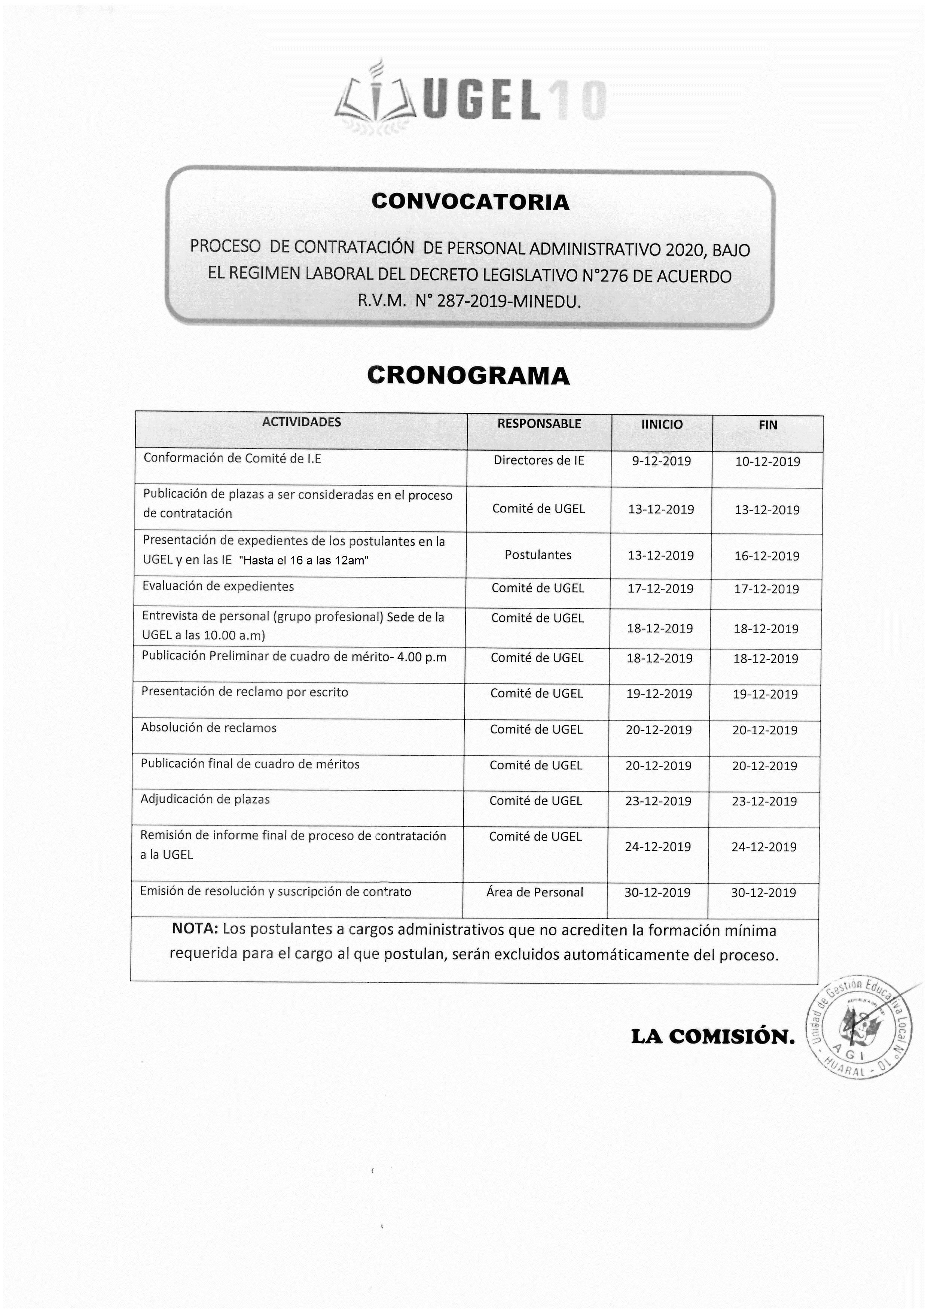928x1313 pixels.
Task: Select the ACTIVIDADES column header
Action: click(x=301, y=422)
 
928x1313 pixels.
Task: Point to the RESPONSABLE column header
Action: click(x=538, y=424)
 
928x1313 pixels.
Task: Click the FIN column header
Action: click(x=767, y=425)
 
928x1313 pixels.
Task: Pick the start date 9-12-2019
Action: click(x=661, y=461)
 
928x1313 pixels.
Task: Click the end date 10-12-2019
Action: click(x=767, y=461)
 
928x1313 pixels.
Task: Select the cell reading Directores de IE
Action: click(x=538, y=460)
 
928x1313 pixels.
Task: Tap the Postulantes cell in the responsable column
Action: click(x=537, y=554)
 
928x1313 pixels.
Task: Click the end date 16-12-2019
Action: click(x=767, y=556)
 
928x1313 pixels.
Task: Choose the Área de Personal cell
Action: click(x=535, y=892)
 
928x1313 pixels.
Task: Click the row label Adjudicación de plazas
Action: click(x=205, y=799)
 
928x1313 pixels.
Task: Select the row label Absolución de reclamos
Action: click(x=209, y=727)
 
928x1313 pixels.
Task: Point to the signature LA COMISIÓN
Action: click(x=712, y=1036)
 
